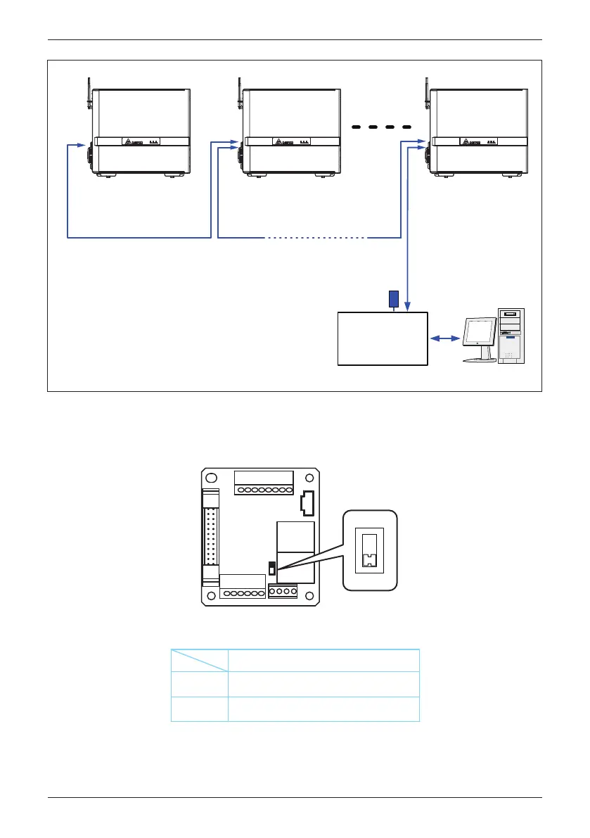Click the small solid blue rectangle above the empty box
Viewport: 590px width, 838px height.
tap(394, 299)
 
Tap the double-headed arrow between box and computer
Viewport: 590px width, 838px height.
tap(442, 339)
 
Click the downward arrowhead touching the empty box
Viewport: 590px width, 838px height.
tap(407, 305)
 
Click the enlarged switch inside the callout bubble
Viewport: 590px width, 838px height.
tap(368, 550)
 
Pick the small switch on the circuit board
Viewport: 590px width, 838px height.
tap(272, 567)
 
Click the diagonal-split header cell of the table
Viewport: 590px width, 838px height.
tap(200, 660)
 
